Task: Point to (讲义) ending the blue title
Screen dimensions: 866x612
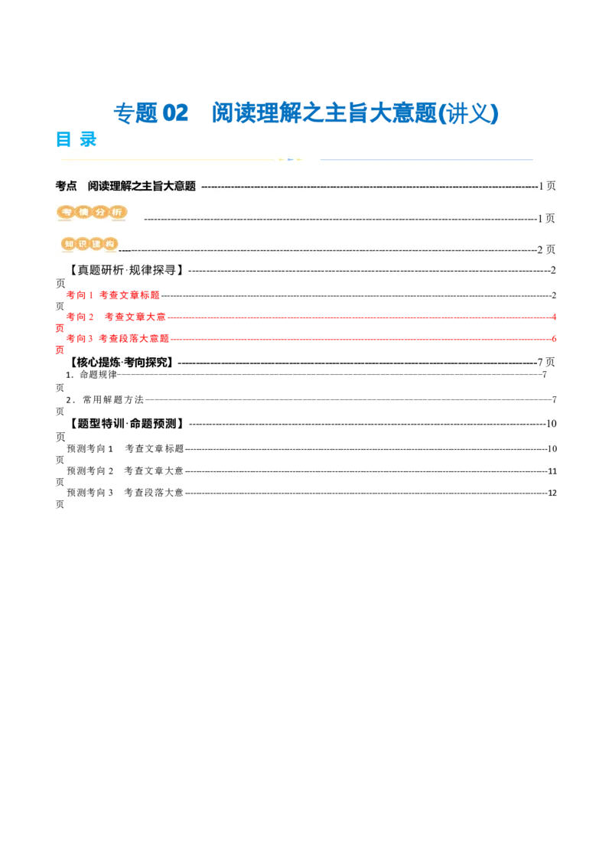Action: point(474,113)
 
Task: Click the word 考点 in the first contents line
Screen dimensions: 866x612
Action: point(67,186)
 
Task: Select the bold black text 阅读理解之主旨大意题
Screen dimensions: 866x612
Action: point(142,186)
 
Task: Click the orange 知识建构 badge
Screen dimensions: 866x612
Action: point(90,244)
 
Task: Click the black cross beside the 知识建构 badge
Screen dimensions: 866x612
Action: point(125,249)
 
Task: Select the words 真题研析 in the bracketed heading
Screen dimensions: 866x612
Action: point(103,270)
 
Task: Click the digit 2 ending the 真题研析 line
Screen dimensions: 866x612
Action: point(553,270)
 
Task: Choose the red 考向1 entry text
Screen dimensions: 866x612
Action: point(112,295)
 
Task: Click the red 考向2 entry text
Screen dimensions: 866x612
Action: point(115,316)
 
